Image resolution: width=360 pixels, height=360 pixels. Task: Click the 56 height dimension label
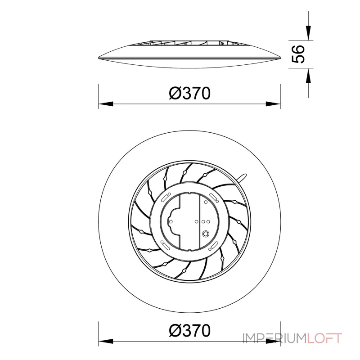(298, 54)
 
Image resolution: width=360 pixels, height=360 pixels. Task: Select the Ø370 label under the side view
(189, 93)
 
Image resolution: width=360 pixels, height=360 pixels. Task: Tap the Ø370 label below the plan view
(189, 330)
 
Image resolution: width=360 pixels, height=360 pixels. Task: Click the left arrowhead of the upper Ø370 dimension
(106, 104)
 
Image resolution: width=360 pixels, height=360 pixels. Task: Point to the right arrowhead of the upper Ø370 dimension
(273, 104)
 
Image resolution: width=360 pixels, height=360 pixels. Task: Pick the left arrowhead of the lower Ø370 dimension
(106, 341)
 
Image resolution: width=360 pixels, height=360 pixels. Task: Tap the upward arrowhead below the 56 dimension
(308, 76)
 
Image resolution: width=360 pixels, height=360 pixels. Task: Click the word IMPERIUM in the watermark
(275, 338)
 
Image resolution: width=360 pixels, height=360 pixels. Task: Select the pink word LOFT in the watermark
(324, 338)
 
